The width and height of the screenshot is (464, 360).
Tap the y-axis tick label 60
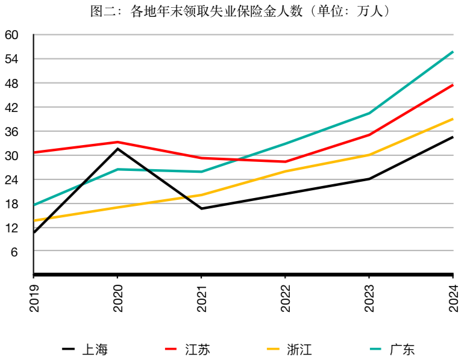(12, 35)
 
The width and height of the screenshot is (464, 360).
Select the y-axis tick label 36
(12, 131)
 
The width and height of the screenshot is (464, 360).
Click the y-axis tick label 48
(12, 83)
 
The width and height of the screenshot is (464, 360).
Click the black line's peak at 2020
(118, 148)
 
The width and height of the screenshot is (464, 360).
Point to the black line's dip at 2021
(201, 208)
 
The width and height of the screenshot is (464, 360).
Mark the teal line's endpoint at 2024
(453, 52)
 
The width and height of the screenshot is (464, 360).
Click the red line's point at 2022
(285, 161)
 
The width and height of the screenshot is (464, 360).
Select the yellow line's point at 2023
(369, 155)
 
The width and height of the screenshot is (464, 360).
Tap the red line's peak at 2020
(118, 142)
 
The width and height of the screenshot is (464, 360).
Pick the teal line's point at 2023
(369, 113)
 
